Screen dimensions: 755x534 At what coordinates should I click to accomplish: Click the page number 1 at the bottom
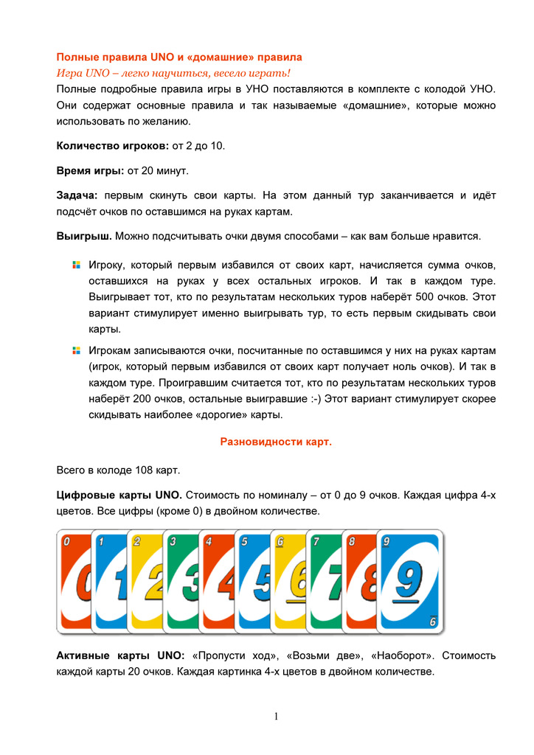click(x=275, y=716)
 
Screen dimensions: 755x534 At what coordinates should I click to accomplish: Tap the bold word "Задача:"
click(x=77, y=196)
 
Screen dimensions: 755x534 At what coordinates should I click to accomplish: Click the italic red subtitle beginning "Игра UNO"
click(x=173, y=72)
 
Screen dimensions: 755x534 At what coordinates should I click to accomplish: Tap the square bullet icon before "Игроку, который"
click(x=75, y=264)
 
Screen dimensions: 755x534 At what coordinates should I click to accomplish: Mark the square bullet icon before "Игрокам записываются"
click(x=75, y=349)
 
